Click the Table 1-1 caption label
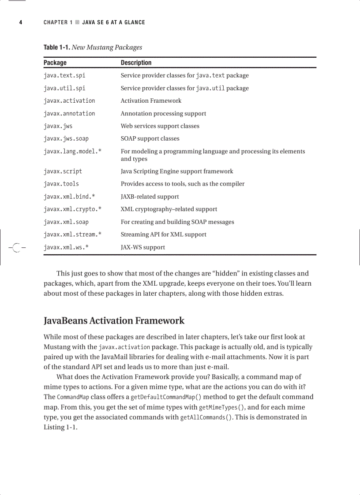(x=56, y=48)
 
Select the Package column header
(x=55, y=63)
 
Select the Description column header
(x=136, y=63)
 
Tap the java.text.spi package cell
(x=64, y=75)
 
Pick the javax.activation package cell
(x=69, y=101)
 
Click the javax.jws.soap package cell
(x=66, y=139)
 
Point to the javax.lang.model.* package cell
(x=72, y=152)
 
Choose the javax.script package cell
(x=63, y=171)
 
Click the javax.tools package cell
(x=61, y=184)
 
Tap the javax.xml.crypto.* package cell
(x=72, y=209)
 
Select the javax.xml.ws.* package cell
(x=66, y=247)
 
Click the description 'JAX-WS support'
(x=143, y=247)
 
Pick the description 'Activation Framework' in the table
(x=151, y=101)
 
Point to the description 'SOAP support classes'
(x=150, y=139)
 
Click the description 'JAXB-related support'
(x=150, y=197)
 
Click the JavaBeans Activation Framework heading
(x=114, y=320)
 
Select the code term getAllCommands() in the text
(x=206, y=417)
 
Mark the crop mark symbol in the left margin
(x=16, y=248)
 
